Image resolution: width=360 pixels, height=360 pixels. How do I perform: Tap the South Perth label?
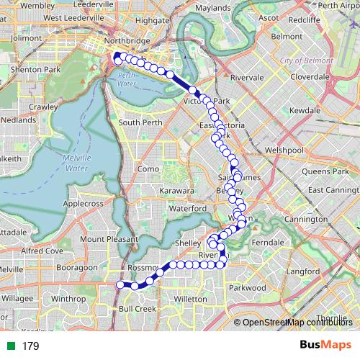coord(138,123)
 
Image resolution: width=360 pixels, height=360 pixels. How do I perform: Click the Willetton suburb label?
coord(191,297)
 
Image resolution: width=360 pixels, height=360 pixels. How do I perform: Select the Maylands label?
coord(212,9)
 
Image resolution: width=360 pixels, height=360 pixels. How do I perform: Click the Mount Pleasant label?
coord(109,239)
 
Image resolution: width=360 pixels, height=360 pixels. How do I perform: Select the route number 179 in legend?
coord(30,346)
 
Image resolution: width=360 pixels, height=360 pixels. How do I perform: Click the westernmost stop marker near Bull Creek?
coord(120,284)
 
